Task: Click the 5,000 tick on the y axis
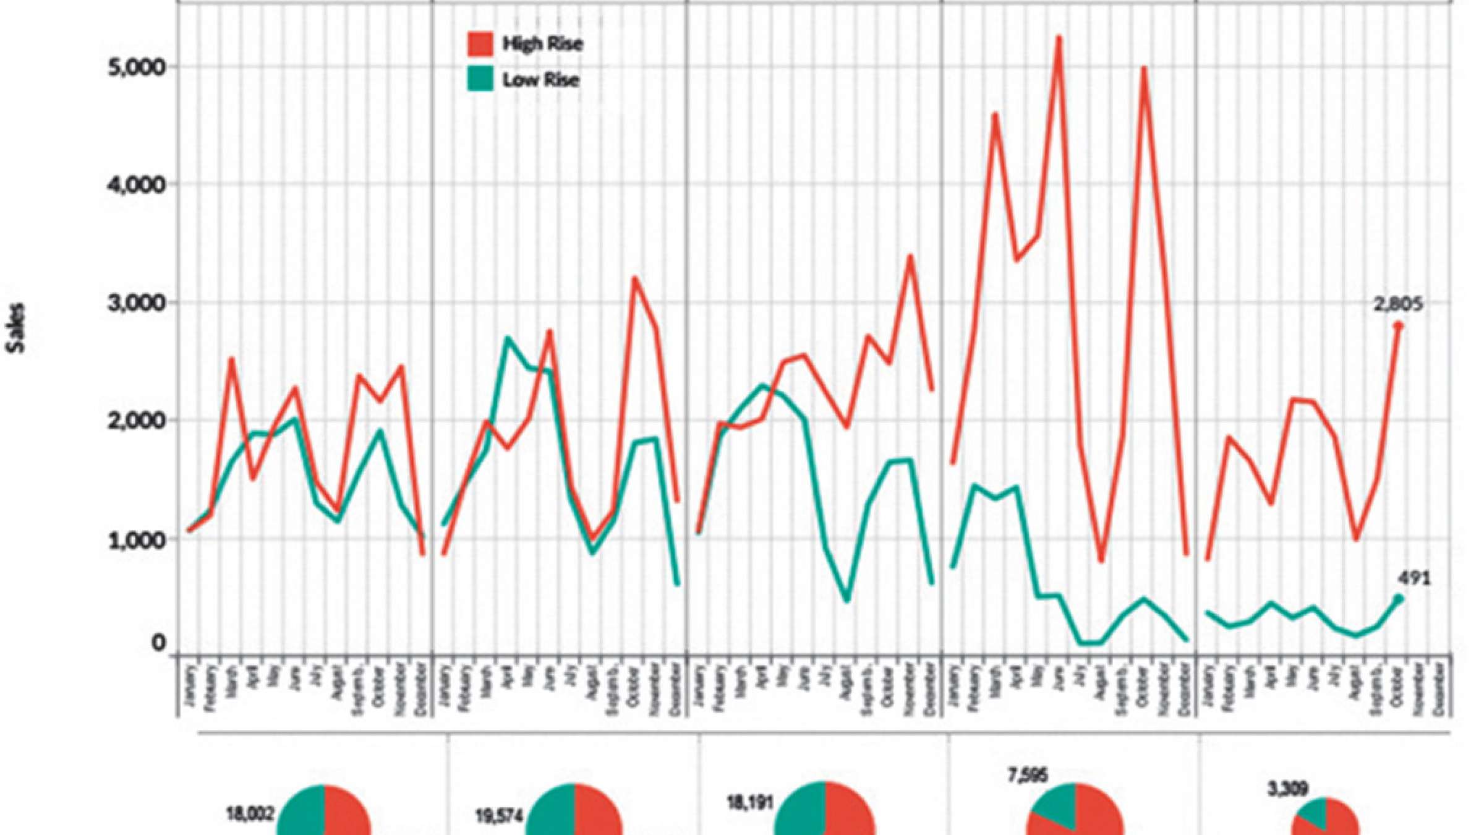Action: point(135,67)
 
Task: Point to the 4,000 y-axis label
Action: point(135,184)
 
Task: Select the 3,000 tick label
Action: point(135,302)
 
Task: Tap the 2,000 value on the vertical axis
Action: point(135,421)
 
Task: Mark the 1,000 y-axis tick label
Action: point(135,539)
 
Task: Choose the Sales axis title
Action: point(17,328)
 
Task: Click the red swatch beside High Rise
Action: point(480,44)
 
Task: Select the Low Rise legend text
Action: point(541,80)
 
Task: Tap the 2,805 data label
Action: point(1398,304)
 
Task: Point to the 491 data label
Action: point(1414,579)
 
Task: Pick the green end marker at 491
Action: point(1399,599)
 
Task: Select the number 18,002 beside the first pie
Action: point(250,815)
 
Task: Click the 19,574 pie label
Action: point(499,816)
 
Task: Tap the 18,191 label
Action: point(749,803)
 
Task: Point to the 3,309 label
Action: point(1288,789)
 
